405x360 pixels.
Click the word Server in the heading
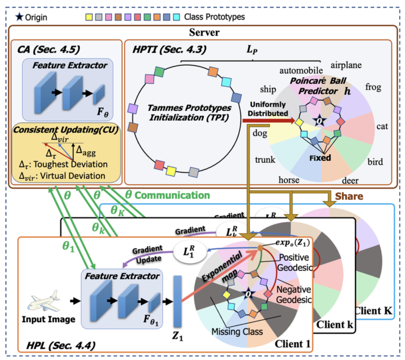click(204, 33)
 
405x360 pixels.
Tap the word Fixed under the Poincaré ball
click(320, 158)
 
